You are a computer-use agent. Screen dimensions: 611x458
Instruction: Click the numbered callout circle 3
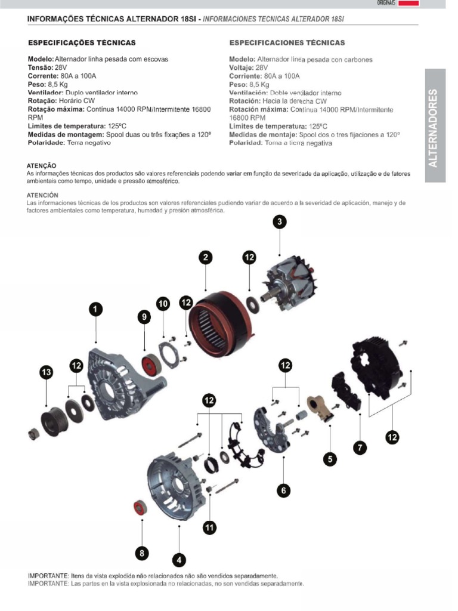click(280, 223)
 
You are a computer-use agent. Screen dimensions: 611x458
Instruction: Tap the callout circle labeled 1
click(95, 309)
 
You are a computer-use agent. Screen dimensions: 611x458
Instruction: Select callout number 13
click(46, 373)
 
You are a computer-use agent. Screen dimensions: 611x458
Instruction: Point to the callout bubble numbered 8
click(141, 553)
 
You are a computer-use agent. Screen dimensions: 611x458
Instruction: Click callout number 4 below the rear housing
click(179, 560)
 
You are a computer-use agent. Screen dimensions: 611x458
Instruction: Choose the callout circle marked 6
click(284, 490)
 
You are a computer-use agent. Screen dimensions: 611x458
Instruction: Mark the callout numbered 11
click(209, 527)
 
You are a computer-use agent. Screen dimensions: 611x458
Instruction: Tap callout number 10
click(163, 304)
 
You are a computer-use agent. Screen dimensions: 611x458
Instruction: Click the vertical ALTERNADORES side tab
click(435, 126)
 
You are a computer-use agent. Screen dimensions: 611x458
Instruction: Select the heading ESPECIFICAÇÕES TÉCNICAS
click(82, 43)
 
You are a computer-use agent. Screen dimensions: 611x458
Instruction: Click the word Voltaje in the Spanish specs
click(242, 68)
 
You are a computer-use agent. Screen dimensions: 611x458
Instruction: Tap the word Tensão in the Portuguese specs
click(40, 68)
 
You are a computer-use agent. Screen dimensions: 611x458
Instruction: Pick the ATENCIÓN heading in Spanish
click(42, 195)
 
